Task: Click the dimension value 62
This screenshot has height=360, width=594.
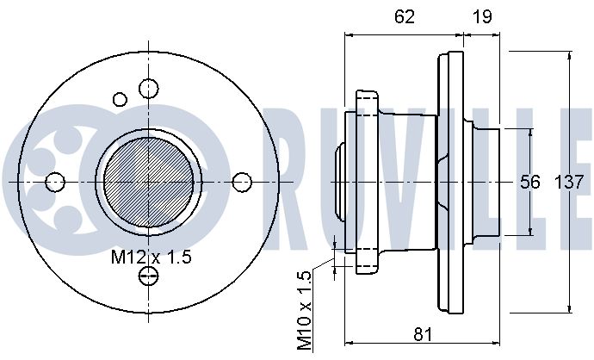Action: click(405, 16)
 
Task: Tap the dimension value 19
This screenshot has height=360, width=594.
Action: click(482, 16)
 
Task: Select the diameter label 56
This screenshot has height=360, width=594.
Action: click(529, 182)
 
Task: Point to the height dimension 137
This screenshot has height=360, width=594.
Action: click(569, 183)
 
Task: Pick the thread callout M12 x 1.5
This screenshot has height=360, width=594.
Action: click(152, 257)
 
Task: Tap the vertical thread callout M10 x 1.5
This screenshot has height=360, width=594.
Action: click(304, 310)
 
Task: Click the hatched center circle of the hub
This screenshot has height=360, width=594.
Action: click(148, 182)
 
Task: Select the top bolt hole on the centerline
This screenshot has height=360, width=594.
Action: click(148, 89)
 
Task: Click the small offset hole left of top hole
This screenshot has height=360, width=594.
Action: click(120, 99)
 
